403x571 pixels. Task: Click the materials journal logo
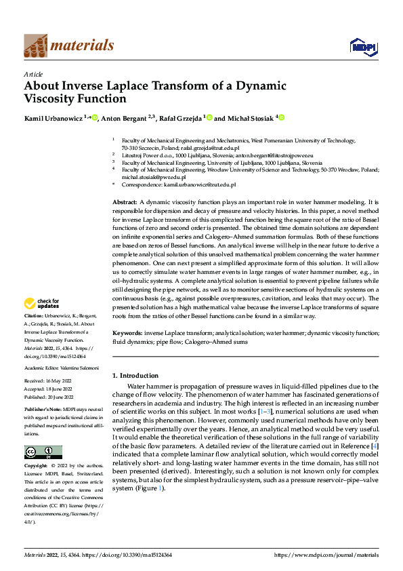click(x=68, y=45)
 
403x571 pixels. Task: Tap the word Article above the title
click(x=33, y=74)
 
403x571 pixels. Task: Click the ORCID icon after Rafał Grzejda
click(x=209, y=117)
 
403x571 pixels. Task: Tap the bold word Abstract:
click(x=125, y=203)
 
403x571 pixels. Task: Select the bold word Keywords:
click(x=127, y=334)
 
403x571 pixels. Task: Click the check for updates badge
click(x=43, y=304)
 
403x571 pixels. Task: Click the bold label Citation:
click(x=34, y=316)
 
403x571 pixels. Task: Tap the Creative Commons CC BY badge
click(x=43, y=452)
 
